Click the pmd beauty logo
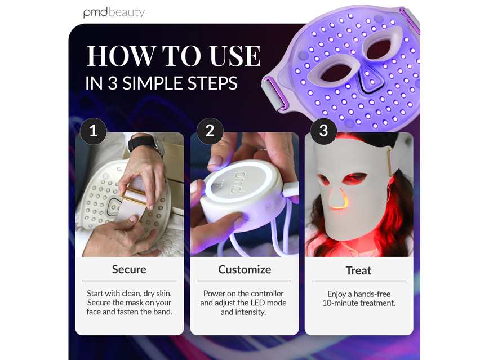(114, 12)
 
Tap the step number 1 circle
(93, 131)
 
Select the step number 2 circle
(210, 131)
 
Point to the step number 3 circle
(323, 131)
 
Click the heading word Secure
(129, 269)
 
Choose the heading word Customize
(245, 269)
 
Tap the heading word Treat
(358, 270)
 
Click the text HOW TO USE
(174, 57)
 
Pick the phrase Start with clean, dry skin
(129, 294)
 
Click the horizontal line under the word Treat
(358, 281)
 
